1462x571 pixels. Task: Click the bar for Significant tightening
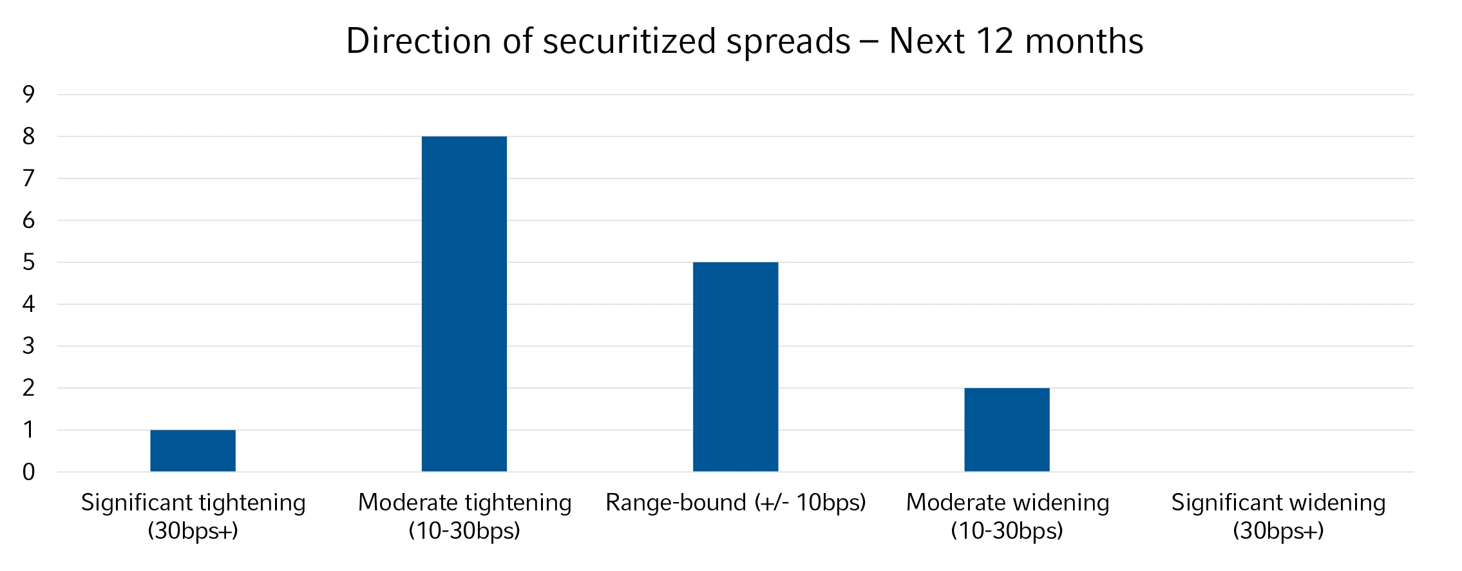[193, 450]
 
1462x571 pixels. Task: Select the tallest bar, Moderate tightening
[464, 304]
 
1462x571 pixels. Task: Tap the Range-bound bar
[735, 367]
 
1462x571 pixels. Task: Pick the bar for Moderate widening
[1006, 429]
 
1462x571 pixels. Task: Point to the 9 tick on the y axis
[28, 95]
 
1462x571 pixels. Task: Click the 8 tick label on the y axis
[28, 137]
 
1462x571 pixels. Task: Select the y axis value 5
[28, 262]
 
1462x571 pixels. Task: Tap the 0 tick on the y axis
[28, 472]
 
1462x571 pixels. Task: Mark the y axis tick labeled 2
[28, 388]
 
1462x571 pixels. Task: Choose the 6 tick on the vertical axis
[28, 220]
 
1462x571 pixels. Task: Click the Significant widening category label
[1278, 516]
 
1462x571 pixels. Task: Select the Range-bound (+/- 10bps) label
[736, 502]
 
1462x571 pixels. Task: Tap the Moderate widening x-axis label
[1007, 516]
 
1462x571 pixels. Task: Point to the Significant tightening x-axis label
[193, 516]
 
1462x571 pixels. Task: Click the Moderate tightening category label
[464, 516]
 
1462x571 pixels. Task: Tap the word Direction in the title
[419, 41]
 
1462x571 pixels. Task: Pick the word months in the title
[1084, 41]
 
